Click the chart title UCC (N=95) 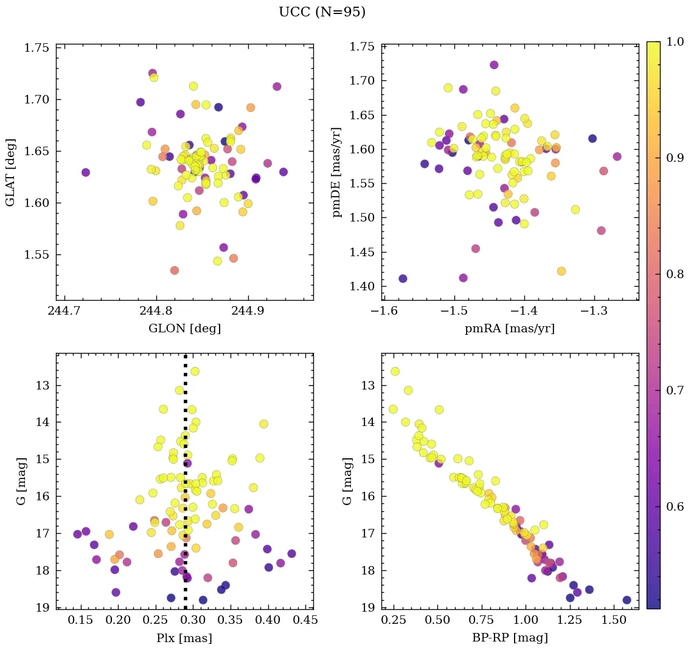click(x=322, y=12)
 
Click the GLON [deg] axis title click(x=184, y=329)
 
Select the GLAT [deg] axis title click(x=11, y=172)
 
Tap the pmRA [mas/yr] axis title click(x=510, y=329)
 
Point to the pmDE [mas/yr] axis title click(x=336, y=172)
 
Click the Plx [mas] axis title click(x=184, y=638)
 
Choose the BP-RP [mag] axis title click(x=510, y=638)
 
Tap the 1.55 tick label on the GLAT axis click(x=36, y=255)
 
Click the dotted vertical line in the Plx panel click(x=185, y=487)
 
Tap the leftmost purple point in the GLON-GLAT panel click(x=85, y=172)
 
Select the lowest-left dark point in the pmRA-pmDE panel click(x=403, y=279)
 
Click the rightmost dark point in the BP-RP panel click(x=627, y=600)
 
